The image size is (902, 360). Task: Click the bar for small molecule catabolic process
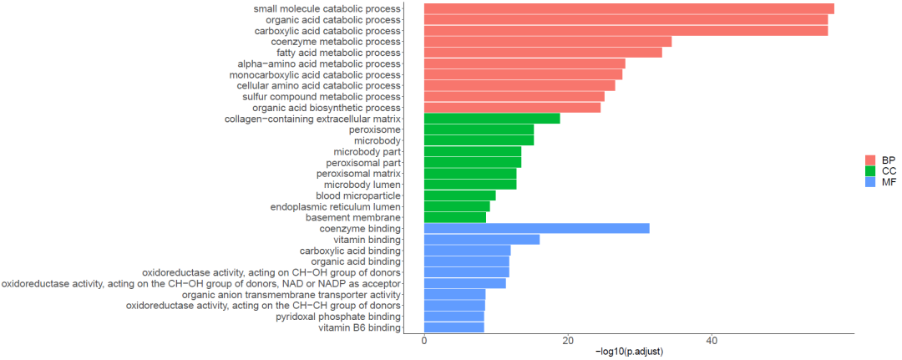click(x=629, y=8)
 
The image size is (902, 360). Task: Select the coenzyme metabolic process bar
click(x=548, y=42)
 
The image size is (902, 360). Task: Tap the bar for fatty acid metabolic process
click(x=543, y=53)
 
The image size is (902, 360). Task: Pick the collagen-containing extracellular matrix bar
click(x=492, y=119)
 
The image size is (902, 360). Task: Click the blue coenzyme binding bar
click(x=537, y=228)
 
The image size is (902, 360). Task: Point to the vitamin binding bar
click(x=482, y=239)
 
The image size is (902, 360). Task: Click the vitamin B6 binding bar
click(x=454, y=327)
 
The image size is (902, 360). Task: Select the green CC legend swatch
click(x=869, y=170)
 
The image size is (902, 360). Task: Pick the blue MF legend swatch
click(x=869, y=182)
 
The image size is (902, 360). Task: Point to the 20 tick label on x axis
click(x=568, y=341)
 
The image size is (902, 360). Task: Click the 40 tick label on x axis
click(x=712, y=341)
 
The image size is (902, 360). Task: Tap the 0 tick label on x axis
click(x=424, y=341)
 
